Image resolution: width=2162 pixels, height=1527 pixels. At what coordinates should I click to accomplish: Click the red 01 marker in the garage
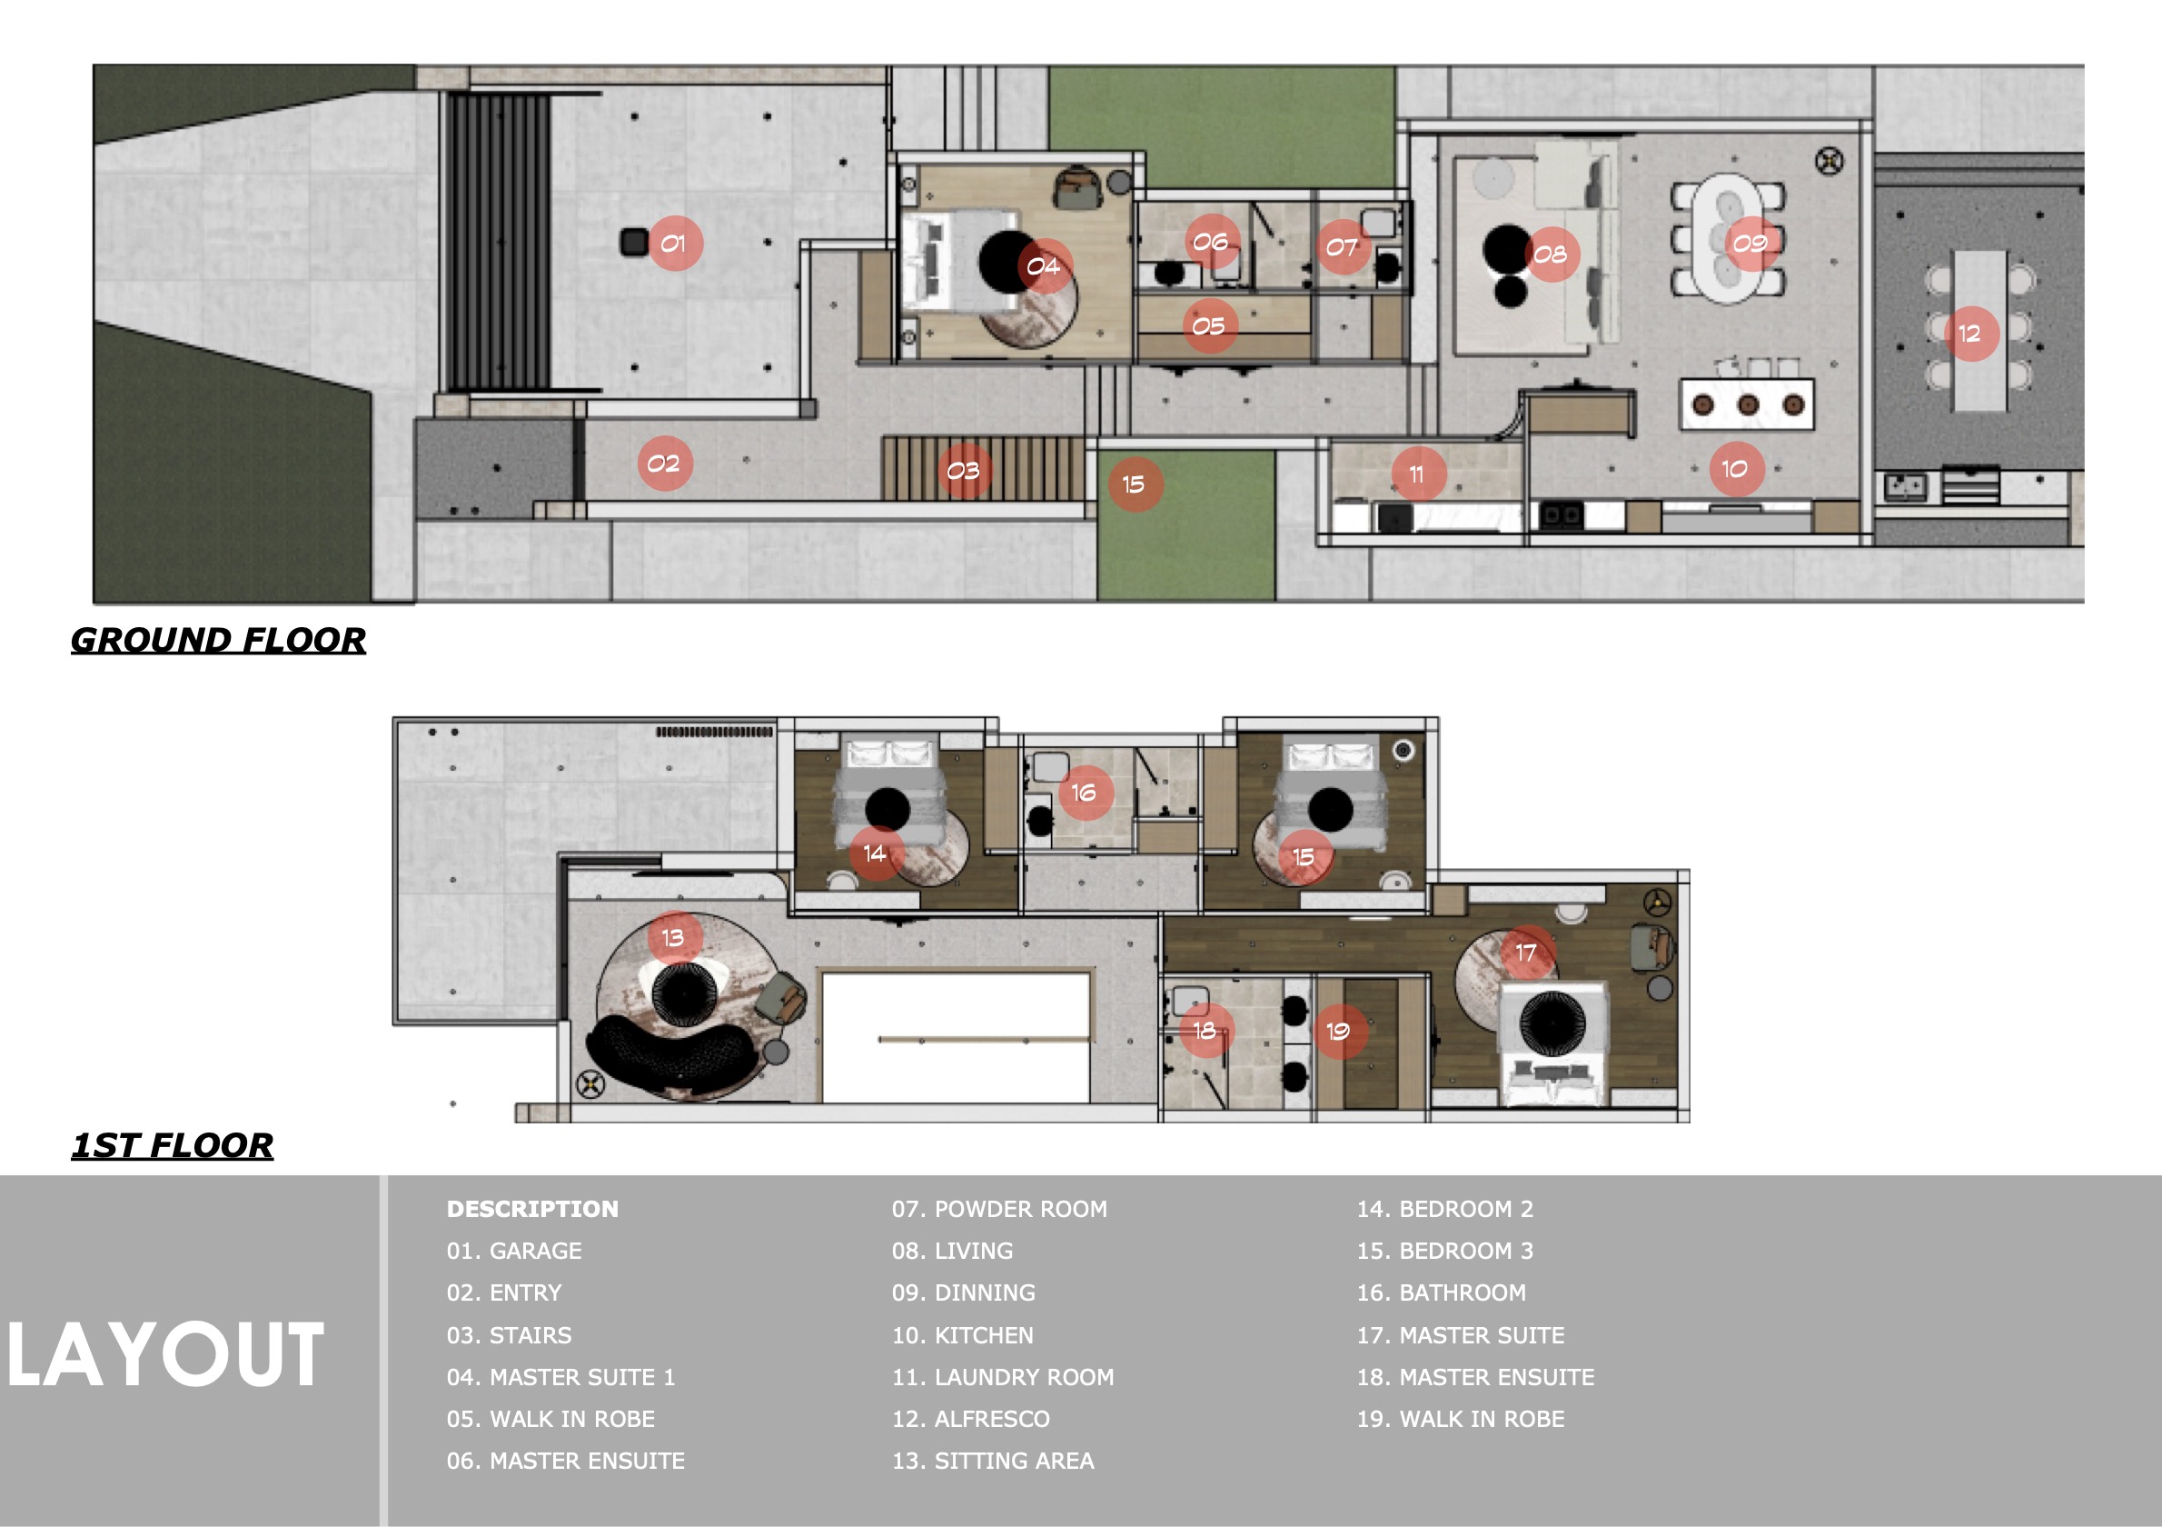674,244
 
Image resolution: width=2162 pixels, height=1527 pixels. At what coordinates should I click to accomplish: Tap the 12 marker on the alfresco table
1970,334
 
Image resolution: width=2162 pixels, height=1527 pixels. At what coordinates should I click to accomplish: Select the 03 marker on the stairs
963,471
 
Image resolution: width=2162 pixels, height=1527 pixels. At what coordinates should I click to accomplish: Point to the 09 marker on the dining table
1750,244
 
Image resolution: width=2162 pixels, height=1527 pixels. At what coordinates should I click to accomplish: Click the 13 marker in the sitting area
674,937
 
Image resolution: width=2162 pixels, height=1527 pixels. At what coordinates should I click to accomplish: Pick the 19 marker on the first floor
1338,1032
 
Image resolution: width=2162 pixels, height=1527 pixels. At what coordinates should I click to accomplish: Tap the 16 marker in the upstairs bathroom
1085,793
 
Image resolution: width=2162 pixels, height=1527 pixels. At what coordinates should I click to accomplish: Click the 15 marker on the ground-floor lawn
1135,484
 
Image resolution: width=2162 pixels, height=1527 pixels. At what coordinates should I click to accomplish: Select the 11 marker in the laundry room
1417,474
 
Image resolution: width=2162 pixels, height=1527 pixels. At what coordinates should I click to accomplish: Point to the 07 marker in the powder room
1343,248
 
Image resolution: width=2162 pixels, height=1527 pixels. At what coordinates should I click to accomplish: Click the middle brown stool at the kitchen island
1749,405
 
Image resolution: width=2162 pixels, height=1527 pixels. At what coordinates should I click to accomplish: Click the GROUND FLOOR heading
218,641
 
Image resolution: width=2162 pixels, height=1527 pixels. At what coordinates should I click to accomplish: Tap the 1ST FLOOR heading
173,1145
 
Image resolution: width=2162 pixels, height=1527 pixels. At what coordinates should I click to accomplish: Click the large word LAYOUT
165,1354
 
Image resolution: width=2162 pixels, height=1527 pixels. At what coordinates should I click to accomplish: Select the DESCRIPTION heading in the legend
533,1209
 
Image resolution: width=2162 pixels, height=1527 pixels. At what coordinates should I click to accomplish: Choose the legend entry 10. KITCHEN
962,1335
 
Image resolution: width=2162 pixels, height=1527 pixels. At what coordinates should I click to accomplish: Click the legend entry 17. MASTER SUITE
1461,1335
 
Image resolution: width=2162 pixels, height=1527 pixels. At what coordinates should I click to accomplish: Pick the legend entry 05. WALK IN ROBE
550,1419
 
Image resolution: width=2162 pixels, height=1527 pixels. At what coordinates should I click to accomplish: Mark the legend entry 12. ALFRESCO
971,1419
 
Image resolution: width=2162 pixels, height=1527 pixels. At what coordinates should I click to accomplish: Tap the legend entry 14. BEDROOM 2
1445,1209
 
